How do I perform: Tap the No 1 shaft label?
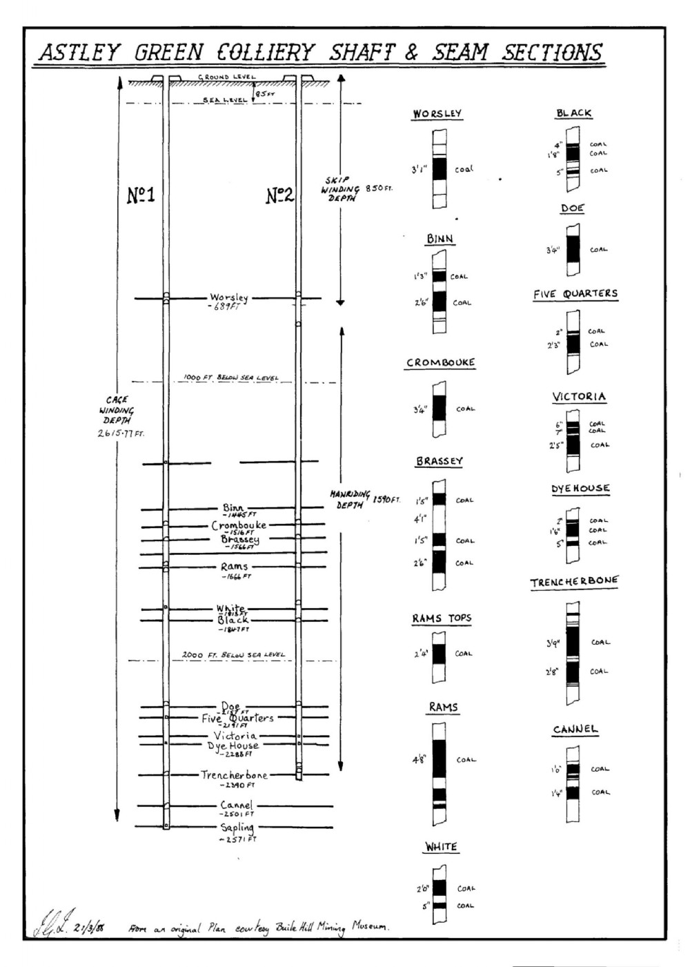(x=141, y=195)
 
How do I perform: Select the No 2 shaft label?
(x=280, y=195)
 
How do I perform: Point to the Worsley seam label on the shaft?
(x=229, y=298)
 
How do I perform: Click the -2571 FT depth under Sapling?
(x=237, y=839)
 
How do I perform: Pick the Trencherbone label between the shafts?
(x=234, y=775)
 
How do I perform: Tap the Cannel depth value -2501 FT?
(x=237, y=814)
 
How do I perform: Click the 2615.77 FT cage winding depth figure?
(x=120, y=433)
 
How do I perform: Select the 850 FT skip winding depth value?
(x=379, y=188)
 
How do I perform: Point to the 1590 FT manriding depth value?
(x=386, y=499)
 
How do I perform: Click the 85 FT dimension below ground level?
(x=265, y=94)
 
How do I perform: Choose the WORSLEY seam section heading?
(x=437, y=113)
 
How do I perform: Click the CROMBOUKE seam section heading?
(x=440, y=362)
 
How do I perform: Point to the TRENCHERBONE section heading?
(x=574, y=581)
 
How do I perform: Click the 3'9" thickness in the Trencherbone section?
(x=553, y=643)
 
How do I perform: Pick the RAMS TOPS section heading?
(x=442, y=618)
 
